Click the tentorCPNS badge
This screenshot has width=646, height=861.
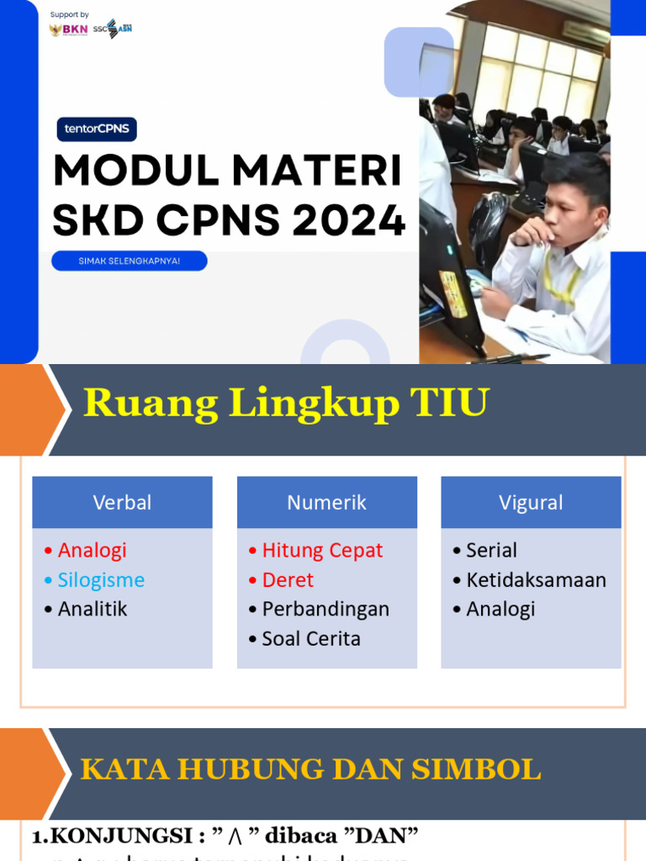97,129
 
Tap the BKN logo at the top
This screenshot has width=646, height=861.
69,29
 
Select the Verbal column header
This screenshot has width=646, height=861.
122,503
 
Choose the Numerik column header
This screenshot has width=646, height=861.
326,503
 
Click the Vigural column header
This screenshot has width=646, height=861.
531,503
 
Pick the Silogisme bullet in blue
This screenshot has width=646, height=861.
100,580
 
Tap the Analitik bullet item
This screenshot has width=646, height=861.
92,610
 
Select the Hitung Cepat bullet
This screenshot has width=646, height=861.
321,551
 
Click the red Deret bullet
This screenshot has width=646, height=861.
287,580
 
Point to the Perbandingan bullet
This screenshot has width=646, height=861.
325,610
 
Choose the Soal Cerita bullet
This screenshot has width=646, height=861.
310,639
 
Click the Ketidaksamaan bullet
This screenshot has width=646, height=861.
536,580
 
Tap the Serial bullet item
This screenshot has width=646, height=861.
491,551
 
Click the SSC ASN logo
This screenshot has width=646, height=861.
113,29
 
